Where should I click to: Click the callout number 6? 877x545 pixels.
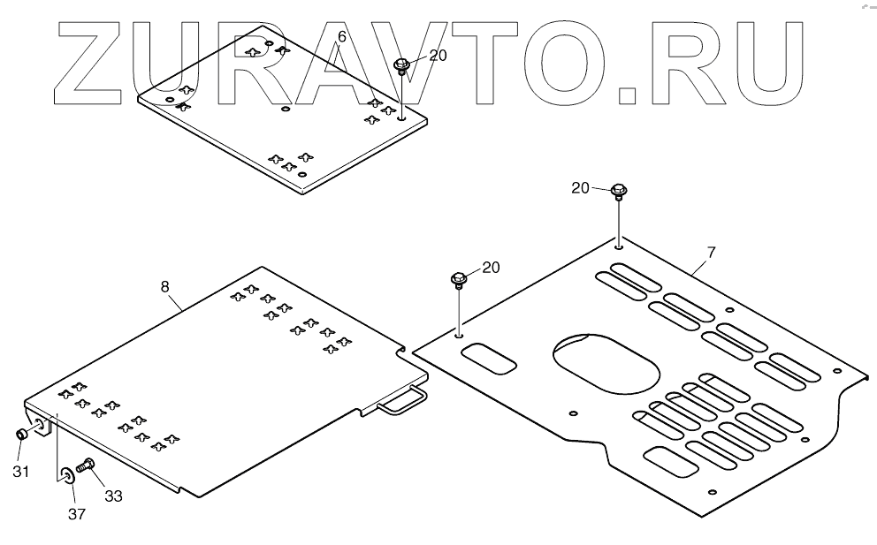[x=342, y=36]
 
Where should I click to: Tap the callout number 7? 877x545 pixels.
[x=711, y=253]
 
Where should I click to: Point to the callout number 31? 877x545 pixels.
[x=20, y=472]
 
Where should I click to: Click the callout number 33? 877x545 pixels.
[x=113, y=496]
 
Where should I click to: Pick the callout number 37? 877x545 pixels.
[x=78, y=513]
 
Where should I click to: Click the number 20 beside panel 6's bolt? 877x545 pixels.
[x=438, y=55]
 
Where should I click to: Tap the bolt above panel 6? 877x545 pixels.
[x=401, y=65]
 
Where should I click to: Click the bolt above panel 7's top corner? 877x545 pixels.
[x=618, y=190]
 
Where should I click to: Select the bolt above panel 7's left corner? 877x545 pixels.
[x=459, y=281]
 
